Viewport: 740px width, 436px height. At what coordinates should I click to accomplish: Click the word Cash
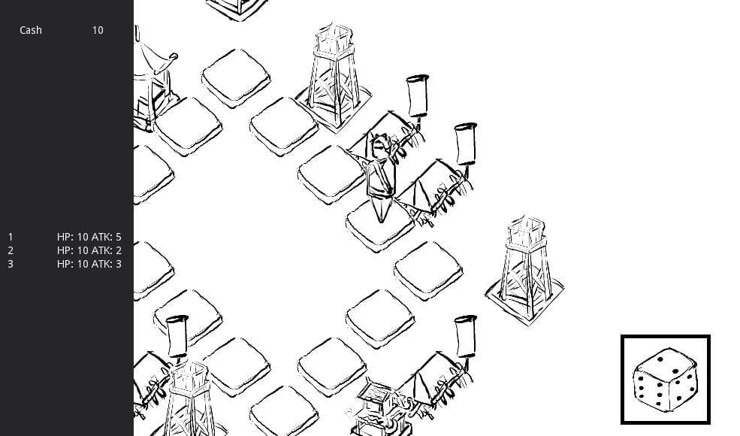tap(31, 30)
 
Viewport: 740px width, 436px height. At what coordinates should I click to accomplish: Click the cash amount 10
tap(98, 30)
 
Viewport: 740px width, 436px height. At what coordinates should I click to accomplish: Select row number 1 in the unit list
tap(11, 237)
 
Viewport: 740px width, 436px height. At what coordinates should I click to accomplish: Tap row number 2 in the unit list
tap(11, 250)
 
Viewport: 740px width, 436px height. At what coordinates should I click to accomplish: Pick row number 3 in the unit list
tap(11, 264)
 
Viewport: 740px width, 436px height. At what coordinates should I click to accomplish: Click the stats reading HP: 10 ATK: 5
tap(89, 237)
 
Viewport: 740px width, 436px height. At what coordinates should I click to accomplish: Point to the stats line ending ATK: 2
tap(89, 250)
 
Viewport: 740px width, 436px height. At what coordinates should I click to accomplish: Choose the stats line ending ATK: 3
tap(89, 264)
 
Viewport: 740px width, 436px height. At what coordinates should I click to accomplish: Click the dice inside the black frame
tap(666, 380)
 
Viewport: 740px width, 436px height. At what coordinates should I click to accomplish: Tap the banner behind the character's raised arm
tap(418, 97)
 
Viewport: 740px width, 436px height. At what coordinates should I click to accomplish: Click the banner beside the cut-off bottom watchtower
tap(177, 336)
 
